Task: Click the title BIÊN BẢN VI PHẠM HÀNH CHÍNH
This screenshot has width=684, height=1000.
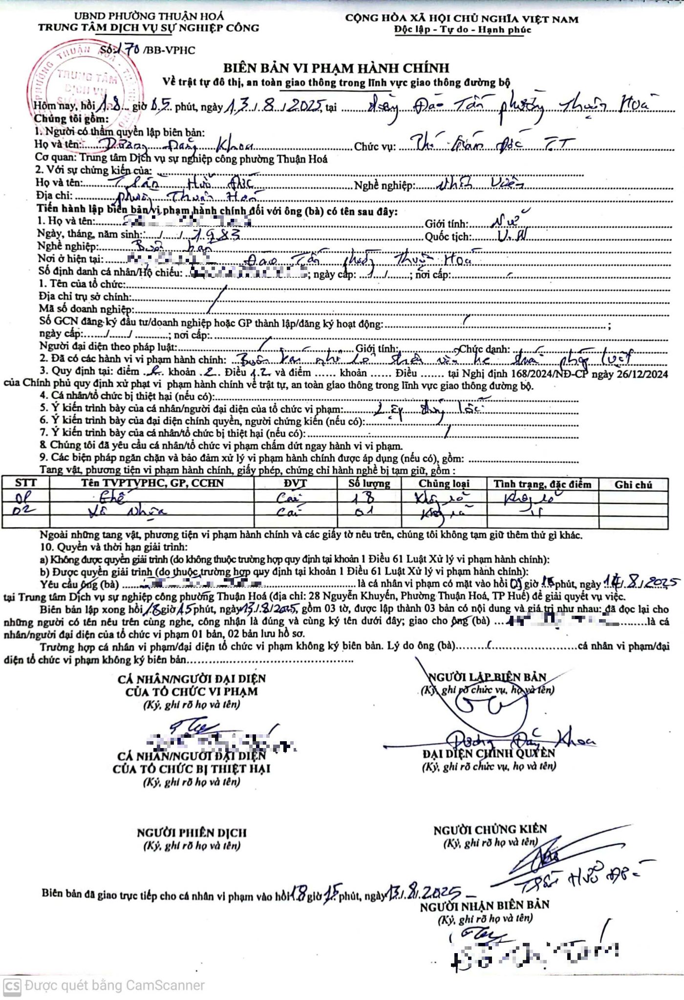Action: (336, 68)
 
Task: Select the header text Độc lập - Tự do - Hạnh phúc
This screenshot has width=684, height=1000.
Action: (462, 30)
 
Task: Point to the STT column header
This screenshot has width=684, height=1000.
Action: (25, 483)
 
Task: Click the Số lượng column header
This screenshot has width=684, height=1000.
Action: (369, 483)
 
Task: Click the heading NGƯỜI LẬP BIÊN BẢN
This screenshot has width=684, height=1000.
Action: (487, 677)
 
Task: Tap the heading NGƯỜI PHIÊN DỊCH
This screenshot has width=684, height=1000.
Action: (192, 833)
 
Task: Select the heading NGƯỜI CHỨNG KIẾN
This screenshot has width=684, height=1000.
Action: (490, 829)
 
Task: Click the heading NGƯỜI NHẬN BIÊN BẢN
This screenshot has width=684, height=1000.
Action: (484, 905)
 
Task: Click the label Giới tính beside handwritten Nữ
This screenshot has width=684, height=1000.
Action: (446, 224)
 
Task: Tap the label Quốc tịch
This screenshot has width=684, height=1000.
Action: (448, 237)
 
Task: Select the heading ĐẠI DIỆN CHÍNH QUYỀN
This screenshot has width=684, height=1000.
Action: (489, 753)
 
